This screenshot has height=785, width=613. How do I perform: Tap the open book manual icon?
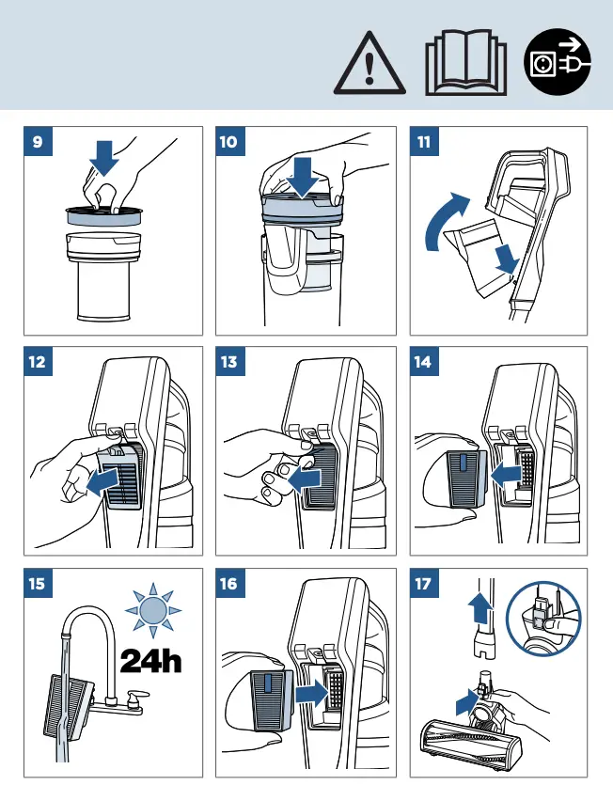click(465, 63)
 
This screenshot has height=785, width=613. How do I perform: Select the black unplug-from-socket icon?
click(558, 62)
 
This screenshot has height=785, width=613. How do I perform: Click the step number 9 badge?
click(38, 142)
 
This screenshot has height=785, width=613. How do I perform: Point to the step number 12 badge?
click(38, 361)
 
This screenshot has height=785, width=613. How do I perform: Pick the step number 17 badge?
click(424, 583)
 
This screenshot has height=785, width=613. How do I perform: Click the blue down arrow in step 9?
click(104, 158)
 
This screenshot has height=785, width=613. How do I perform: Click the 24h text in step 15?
click(150, 661)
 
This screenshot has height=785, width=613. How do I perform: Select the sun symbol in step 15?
click(153, 610)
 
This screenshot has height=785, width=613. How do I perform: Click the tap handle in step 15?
click(136, 697)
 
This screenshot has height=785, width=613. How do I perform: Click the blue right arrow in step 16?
click(312, 695)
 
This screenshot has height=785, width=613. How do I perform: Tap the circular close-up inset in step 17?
click(543, 619)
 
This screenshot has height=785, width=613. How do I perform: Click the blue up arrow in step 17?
click(480, 605)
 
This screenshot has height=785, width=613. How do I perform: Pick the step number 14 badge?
click(424, 361)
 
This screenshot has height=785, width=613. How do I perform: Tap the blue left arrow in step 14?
click(507, 474)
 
